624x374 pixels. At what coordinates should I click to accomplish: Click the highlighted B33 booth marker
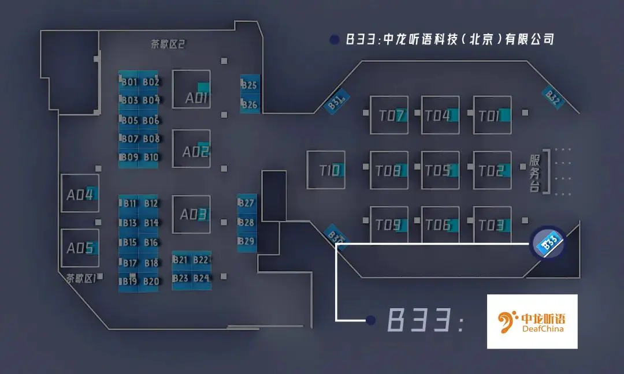(x=548, y=242)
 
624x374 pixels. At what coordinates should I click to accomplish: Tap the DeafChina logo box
(x=532, y=321)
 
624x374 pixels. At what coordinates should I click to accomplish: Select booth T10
(x=326, y=170)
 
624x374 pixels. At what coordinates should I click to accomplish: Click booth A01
(x=191, y=89)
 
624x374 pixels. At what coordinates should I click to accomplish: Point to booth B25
(x=250, y=85)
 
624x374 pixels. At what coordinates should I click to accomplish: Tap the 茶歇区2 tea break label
(x=168, y=44)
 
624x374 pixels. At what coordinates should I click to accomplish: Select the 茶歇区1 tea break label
(x=80, y=279)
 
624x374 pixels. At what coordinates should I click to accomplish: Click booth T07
(x=389, y=115)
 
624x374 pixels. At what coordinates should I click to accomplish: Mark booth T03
(x=492, y=225)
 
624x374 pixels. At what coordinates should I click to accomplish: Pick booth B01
(x=129, y=81)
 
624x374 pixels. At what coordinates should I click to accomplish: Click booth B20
(x=151, y=281)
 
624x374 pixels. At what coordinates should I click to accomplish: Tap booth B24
(x=201, y=278)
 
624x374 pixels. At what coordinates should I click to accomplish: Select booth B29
(x=246, y=241)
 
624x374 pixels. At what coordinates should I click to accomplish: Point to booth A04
(x=80, y=194)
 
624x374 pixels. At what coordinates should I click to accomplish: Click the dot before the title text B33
(x=333, y=39)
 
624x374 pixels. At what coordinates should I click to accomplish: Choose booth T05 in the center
(x=440, y=170)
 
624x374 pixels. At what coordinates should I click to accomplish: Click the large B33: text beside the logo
(x=424, y=320)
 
